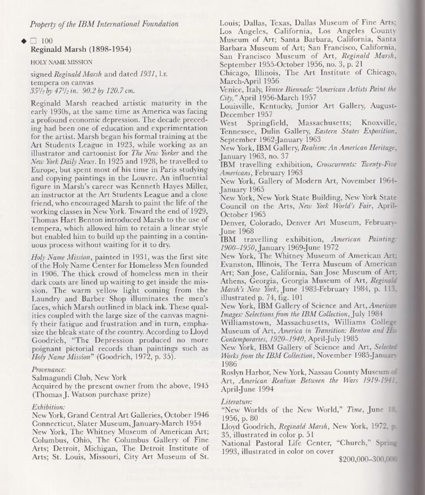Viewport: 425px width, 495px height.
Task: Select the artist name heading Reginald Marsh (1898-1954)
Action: [71, 49]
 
